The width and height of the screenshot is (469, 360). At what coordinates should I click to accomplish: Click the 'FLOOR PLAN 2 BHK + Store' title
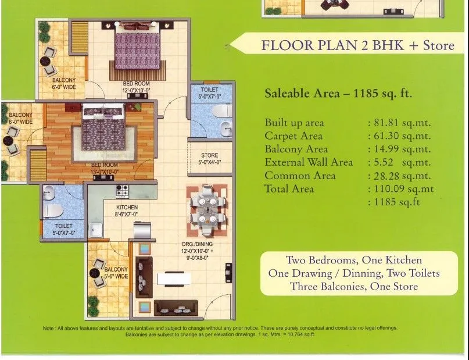pyautogui.click(x=357, y=45)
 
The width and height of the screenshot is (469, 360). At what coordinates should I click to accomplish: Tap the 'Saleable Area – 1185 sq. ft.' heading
pyautogui.click(x=338, y=93)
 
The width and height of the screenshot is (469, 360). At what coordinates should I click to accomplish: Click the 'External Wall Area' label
pyautogui.click(x=309, y=162)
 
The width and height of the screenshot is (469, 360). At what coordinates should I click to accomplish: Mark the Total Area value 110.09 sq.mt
pyautogui.click(x=400, y=189)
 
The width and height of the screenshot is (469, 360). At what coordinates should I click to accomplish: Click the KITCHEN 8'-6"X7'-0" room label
pyautogui.click(x=127, y=211)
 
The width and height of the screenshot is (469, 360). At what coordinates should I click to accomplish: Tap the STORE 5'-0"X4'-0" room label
pyautogui.click(x=209, y=159)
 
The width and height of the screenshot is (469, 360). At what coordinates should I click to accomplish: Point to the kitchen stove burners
pyautogui.click(x=123, y=190)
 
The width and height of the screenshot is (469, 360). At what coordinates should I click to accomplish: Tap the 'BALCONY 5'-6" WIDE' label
pyautogui.click(x=116, y=273)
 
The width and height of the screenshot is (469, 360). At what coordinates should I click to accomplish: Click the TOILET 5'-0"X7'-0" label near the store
pyautogui.click(x=210, y=93)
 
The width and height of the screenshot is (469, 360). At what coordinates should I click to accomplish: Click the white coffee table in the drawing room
pyautogui.click(x=174, y=279)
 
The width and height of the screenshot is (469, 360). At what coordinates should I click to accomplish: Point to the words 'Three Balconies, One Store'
pyautogui.click(x=354, y=287)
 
